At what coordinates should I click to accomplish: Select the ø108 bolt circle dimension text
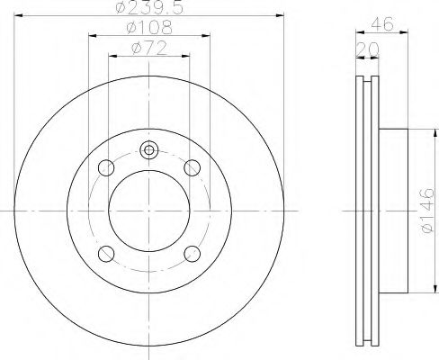click(148, 27)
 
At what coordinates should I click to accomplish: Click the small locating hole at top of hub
click(149, 150)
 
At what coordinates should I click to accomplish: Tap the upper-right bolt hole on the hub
click(192, 167)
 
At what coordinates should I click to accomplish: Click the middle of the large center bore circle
click(149, 210)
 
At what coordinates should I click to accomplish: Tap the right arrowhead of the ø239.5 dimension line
click(281, 17)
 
